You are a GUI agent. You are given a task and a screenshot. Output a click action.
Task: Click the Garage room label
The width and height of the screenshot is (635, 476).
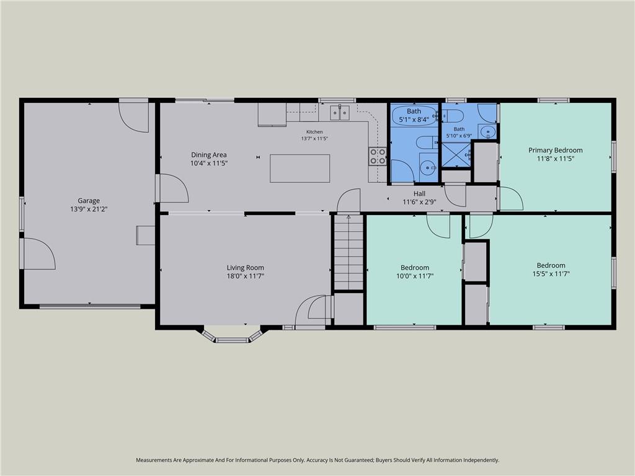point(89,200)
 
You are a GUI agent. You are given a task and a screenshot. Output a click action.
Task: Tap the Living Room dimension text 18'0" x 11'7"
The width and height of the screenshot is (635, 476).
point(246,276)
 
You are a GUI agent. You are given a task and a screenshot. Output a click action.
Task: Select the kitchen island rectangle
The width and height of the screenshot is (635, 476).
point(300,169)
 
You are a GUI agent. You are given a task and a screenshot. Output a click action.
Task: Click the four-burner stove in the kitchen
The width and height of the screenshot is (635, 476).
point(377,157)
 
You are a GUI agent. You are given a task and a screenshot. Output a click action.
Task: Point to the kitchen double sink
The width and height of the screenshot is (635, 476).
point(340,113)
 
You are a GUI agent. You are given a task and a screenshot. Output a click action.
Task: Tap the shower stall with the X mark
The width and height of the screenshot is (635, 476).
point(456,154)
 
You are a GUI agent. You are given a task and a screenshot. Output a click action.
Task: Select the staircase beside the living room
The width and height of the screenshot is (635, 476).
point(349,252)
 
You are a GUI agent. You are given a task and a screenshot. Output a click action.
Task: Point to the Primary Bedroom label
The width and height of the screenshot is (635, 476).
point(555,150)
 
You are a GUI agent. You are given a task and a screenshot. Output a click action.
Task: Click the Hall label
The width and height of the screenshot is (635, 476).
point(419,194)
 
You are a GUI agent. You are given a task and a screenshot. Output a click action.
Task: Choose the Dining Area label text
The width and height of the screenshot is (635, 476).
point(208,154)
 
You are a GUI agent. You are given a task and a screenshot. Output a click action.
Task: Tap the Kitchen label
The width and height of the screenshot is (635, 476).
point(314,132)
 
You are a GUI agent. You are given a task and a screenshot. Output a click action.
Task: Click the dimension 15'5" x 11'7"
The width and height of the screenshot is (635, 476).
point(551,274)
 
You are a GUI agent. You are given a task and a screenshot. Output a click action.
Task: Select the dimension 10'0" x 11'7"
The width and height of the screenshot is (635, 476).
point(415,276)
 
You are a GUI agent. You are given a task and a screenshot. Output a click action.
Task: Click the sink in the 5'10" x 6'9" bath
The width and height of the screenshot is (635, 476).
point(488,131)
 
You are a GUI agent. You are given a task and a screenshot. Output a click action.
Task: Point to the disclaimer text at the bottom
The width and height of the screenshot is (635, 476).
point(317,460)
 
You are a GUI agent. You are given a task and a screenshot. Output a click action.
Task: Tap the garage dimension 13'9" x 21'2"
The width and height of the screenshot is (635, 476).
point(89,209)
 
